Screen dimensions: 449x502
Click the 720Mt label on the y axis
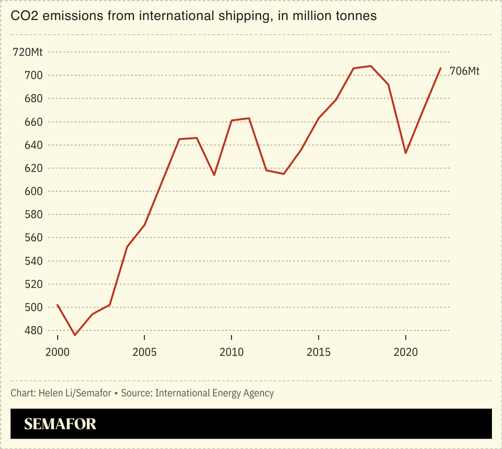[28, 52]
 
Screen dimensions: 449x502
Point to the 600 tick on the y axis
[33, 192]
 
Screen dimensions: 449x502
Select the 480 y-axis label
[33, 331]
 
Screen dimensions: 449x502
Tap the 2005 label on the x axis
[144, 352]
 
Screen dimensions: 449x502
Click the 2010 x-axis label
[231, 352]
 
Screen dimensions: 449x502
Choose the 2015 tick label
[319, 352]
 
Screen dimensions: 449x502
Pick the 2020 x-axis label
[406, 352]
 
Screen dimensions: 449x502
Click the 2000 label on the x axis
[58, 352]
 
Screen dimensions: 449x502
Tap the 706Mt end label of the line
[465, 71]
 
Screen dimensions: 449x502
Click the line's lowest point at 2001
[75, 335]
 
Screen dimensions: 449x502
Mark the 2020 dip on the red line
[406, 153]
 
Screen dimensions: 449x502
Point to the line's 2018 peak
[371, 66]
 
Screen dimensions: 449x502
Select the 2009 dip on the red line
[214, 175]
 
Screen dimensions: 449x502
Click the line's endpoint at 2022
[441, 68]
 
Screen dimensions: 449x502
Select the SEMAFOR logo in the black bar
[60, 424]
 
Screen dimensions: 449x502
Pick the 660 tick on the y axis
[33, 122]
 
